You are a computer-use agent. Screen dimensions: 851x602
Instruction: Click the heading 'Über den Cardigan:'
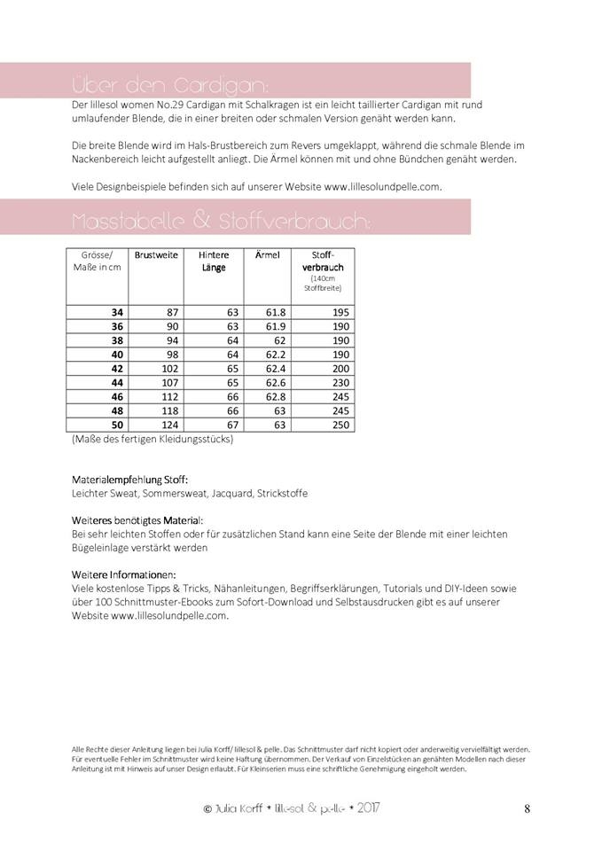tap(168, 85)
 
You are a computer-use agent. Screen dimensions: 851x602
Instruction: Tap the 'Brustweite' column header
tap(156, 255)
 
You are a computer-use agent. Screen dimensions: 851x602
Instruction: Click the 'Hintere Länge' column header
tap(213, 261)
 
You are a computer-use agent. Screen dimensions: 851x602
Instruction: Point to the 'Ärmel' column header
tap(267, 255)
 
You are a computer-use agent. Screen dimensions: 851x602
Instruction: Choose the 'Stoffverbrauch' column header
tap(323, 261)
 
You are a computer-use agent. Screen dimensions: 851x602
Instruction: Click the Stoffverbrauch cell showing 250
tap(337, 425)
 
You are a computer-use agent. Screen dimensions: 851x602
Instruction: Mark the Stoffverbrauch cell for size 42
tap(337, 368)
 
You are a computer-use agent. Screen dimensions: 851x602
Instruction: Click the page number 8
tap(528, 808)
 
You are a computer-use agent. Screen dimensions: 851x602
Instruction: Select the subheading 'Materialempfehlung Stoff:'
tap(129, 480)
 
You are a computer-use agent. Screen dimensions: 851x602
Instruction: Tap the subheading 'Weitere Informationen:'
tap(123, 574)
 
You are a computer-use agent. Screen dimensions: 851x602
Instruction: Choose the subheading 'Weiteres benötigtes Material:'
tap(137, 520)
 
